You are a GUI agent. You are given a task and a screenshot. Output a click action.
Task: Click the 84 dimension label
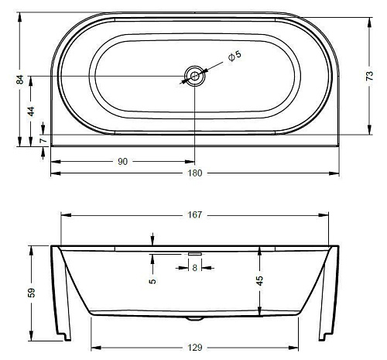(20, 80)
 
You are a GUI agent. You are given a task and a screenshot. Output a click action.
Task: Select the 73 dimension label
(370, 76)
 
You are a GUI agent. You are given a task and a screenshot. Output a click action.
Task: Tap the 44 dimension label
(31, 111)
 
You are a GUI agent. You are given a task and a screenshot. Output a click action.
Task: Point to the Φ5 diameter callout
(235, 56)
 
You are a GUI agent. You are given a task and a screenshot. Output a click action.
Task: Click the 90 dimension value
(123, 162)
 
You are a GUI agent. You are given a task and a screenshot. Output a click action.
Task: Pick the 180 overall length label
(195, 173)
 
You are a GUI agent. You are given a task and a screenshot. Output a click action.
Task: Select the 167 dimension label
(195, 214)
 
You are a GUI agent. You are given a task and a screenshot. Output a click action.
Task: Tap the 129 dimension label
(195, 348)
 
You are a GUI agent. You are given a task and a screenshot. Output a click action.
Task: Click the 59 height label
(31, 293)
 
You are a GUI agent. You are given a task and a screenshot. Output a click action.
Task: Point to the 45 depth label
(260, 281)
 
